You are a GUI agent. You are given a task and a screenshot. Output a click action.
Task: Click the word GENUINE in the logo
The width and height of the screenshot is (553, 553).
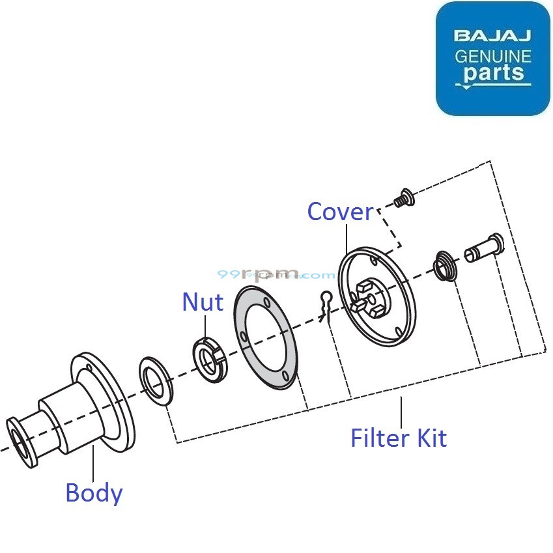click(492, 56)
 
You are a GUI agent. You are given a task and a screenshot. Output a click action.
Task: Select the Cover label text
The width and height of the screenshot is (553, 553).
click(340, 212)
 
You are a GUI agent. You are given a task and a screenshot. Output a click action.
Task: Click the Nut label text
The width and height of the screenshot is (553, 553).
click(203, 302)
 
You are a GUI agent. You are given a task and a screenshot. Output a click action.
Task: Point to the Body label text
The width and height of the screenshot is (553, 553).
click(94, 492)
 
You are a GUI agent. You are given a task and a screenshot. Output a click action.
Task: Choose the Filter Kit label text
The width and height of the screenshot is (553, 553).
click(399, 438)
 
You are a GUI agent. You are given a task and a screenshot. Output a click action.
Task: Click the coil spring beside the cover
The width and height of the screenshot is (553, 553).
click(446, 265)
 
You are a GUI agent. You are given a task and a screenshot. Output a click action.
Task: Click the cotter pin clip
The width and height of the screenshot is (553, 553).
click(327, 303)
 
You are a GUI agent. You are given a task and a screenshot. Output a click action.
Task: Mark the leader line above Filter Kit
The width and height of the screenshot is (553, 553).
click(401, 410)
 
